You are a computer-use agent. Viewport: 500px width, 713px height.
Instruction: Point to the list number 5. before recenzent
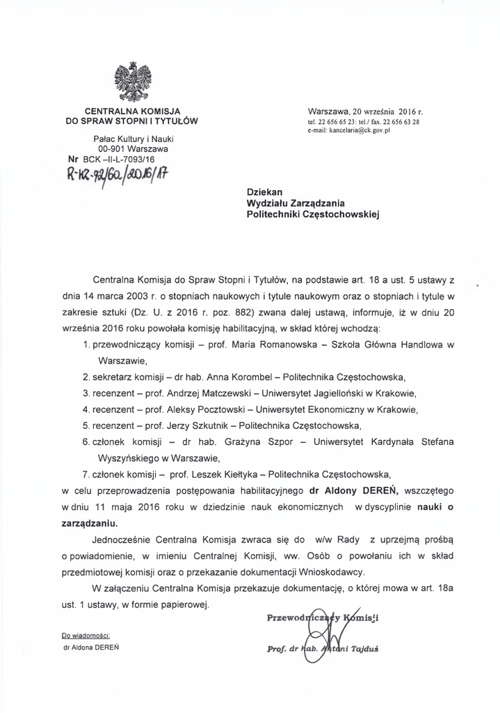86,425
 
